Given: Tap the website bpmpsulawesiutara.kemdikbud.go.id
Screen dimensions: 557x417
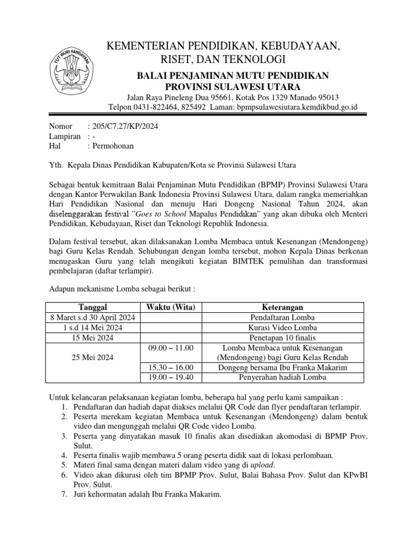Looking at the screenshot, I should click(x=297, y=107).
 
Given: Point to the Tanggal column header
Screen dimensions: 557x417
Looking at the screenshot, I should click(x=93, y=307).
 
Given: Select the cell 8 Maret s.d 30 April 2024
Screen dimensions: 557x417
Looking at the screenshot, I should click(x=93, y=318).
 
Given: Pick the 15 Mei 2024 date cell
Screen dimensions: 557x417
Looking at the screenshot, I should click(x=93, y=337).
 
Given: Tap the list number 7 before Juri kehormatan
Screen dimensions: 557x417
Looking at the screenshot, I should click(x=64, y=494).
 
